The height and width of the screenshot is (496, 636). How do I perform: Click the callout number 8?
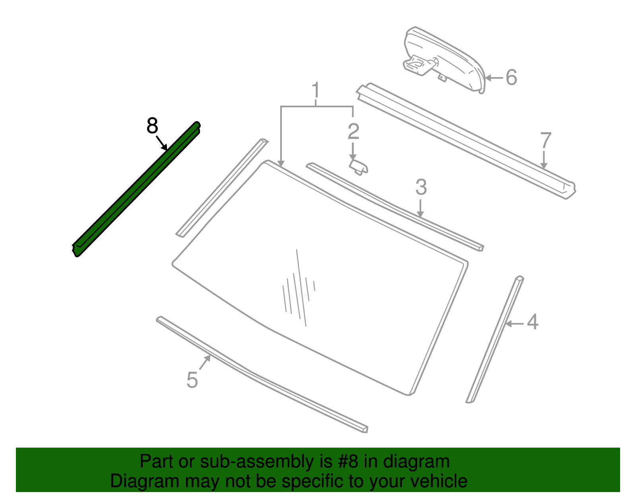click(x=152, y=126)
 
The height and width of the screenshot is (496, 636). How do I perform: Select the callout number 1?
click(x=316, y=91)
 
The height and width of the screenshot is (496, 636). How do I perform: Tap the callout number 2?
click(x=353, y=131)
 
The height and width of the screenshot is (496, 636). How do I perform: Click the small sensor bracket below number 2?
click(x=359, y=167)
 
